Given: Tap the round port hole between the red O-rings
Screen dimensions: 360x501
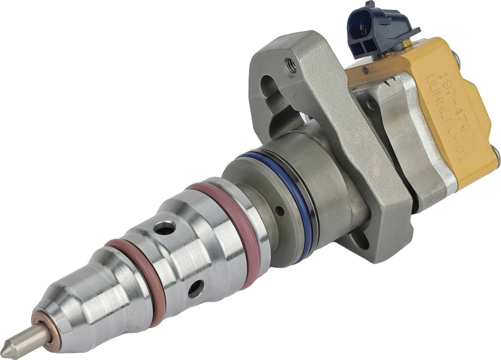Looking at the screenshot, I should click(196, 289).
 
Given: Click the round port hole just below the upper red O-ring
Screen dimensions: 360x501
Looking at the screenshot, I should click(165, 227).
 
